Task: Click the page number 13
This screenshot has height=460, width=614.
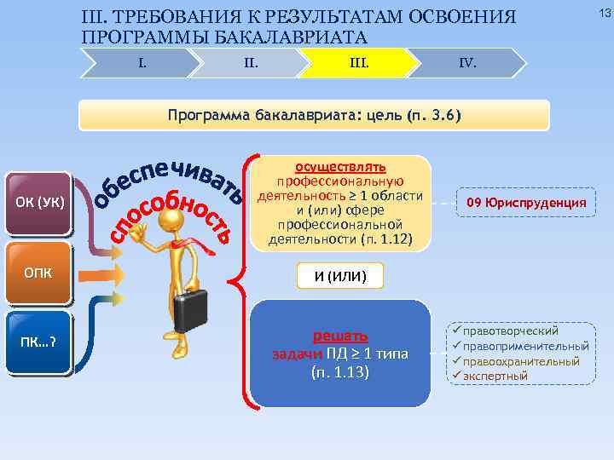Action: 604,11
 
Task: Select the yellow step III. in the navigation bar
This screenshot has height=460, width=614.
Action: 359,62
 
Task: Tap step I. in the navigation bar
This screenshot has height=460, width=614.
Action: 142,62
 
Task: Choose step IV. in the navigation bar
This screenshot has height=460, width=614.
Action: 467,62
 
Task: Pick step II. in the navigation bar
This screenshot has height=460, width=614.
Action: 251,62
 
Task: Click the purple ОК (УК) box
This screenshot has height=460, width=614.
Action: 38,204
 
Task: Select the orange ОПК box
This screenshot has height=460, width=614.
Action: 38,273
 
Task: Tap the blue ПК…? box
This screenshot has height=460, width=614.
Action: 38,342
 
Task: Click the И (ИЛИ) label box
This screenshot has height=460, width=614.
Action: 340,275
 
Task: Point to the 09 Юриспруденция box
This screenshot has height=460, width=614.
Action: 526,202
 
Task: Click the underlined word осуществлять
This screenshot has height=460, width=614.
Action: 340,166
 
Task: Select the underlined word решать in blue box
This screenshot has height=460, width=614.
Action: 340,336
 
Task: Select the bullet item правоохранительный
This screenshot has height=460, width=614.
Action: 521,361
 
